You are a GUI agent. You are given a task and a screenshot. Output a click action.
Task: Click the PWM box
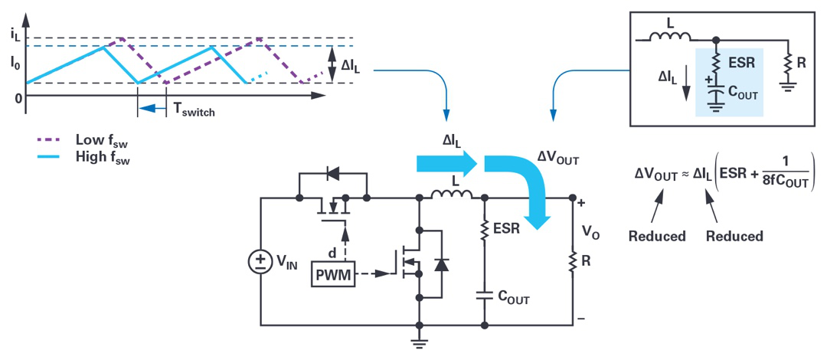333,274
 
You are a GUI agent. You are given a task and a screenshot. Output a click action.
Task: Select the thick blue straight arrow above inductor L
446,164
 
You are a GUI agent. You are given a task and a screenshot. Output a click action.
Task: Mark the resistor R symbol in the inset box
788,63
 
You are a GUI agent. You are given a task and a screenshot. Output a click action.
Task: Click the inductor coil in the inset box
670,36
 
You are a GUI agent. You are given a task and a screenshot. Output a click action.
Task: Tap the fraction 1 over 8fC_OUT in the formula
780,174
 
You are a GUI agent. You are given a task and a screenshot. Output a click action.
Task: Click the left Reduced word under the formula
657,236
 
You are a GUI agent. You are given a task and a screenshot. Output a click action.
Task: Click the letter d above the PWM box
332,254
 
